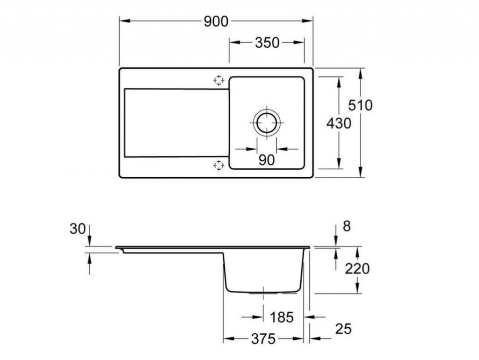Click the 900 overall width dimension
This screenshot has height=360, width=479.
point(216,22)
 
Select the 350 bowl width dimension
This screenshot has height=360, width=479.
point(267,43)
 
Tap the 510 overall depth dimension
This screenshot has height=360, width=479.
point(361,105)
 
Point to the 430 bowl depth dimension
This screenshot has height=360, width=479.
point(339,124)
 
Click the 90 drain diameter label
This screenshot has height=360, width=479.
point(267,160)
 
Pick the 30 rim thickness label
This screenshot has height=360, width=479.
point(78,229)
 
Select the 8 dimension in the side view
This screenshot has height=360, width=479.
point(347,227)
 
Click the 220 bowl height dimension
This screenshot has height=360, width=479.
point(357,269)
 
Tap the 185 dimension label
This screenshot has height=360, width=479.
point(282,317)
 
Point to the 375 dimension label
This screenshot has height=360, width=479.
point(263,338)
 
